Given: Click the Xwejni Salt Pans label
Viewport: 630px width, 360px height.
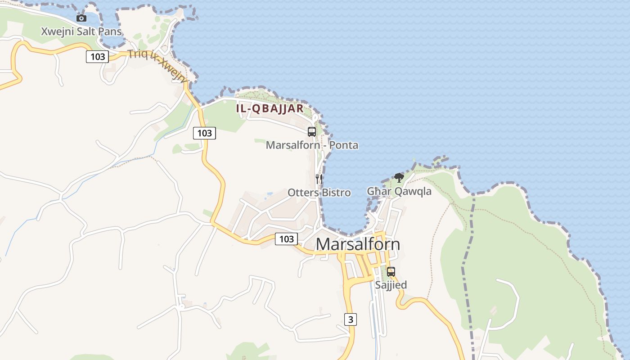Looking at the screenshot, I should point(81,31).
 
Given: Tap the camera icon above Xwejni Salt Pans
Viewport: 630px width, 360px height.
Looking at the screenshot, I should point(81,18).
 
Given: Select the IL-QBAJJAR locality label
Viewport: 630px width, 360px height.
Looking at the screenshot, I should point(270,108).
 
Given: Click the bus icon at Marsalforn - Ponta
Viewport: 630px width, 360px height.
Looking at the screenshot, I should point(311,132).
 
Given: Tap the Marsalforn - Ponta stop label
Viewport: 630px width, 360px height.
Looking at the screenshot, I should point(312,145).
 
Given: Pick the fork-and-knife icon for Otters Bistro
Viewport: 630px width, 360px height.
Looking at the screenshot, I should point(319,179).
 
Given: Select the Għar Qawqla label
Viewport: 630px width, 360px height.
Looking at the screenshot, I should point(399,191).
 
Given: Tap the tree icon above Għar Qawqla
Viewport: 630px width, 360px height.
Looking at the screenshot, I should point(399,177).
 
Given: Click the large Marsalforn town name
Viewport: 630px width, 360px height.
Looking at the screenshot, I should point(358,244).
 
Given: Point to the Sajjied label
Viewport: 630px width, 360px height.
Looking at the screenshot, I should point(391,285).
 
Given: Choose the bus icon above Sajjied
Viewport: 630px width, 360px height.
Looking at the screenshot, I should point(391,272).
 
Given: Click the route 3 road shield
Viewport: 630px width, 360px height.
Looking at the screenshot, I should point(351,319).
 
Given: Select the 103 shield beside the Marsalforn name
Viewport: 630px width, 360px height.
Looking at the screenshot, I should point(286,239).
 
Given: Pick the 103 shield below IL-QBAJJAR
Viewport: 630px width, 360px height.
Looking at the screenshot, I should point(204,133).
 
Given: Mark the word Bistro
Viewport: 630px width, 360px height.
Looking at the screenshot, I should point(336,193).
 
